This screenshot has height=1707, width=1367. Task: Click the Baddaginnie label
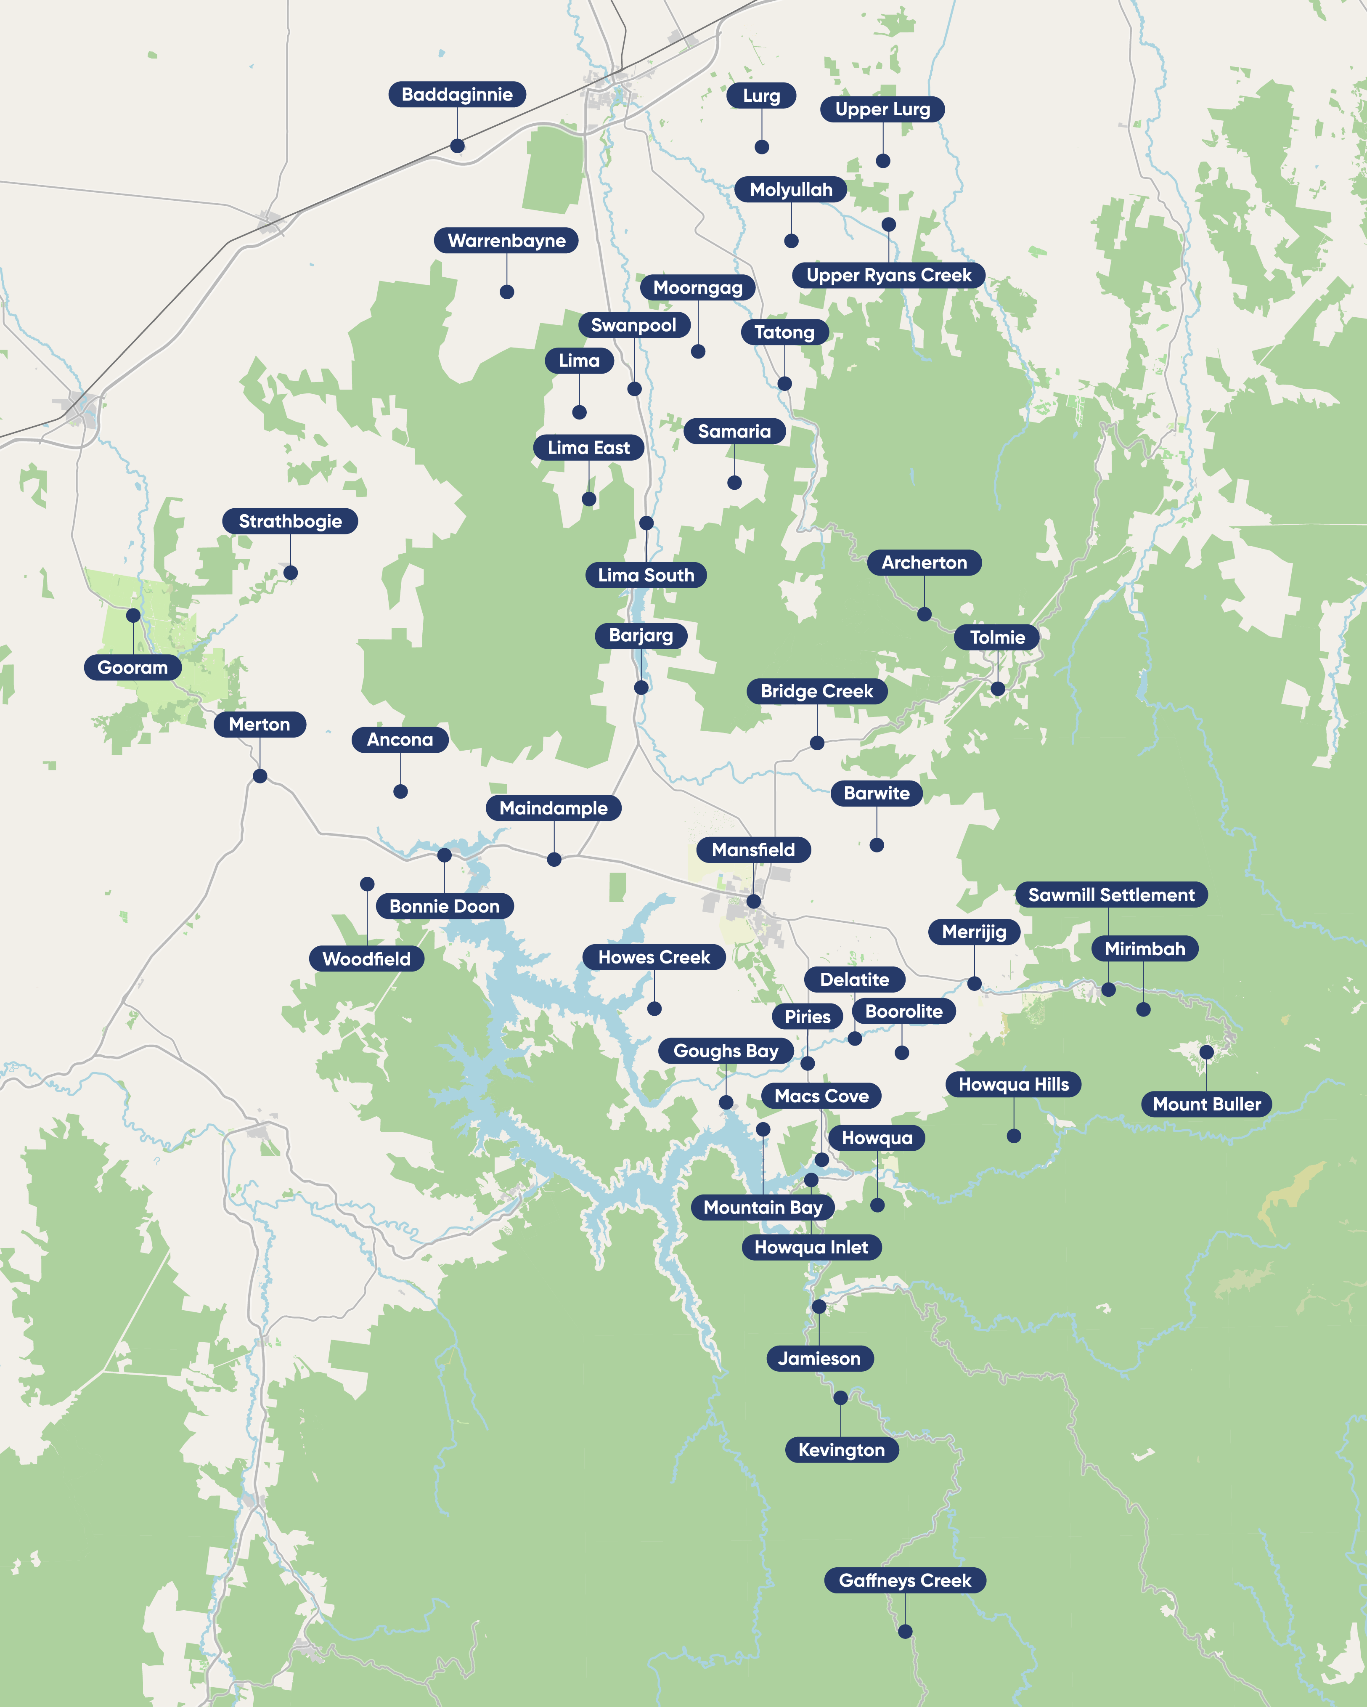coord(457,94)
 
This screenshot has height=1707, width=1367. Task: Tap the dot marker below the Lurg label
coord(761,147)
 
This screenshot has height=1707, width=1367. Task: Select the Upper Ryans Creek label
coord(888,276)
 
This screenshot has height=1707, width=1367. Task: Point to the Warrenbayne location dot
coord(506,292)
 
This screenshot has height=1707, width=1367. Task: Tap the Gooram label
coord(132,667)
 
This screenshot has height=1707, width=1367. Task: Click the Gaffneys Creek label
coord(905,1580)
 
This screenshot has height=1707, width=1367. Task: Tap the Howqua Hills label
coord(1013,1085)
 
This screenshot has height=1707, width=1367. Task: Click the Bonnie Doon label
coord(444,907)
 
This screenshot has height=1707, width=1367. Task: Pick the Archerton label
coord(924,563)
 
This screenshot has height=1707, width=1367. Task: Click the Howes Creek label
coord(654,957)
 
